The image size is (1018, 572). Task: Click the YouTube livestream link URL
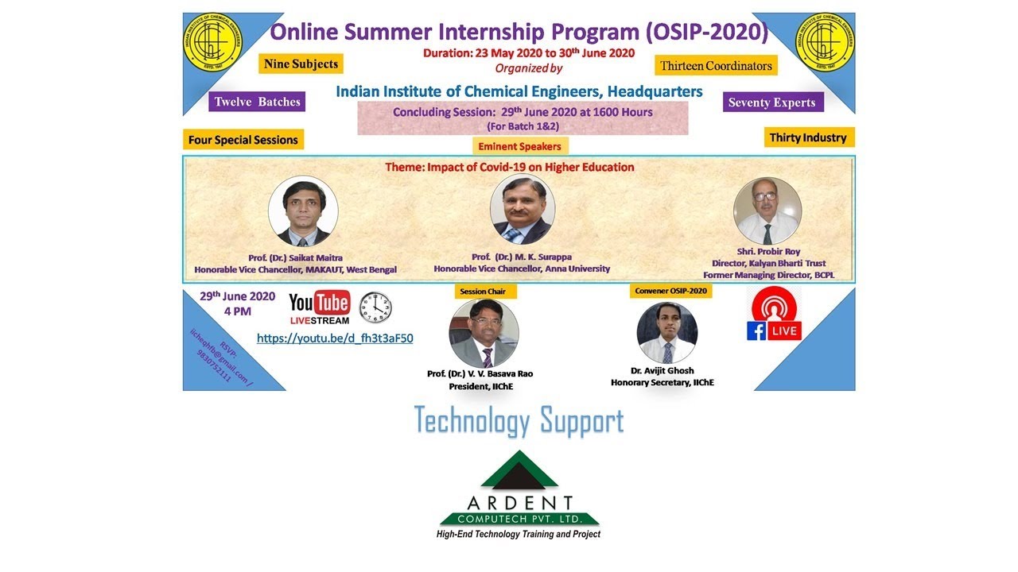[335, 338]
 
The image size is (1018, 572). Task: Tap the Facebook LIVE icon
[775, 315]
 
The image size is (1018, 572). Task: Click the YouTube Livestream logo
[319, 307]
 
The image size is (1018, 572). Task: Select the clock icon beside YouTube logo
[375, 307]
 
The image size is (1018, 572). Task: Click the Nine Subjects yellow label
[301, 64]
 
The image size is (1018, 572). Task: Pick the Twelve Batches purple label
[257, 102]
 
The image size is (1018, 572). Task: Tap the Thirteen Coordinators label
[716, 66]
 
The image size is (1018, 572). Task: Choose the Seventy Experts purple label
[771, 102]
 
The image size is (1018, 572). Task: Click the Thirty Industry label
[807, 137]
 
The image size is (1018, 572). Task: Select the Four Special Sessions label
[243, 140]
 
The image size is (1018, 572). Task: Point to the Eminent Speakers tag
[519, 146]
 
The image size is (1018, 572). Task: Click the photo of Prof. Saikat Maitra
[303, 211]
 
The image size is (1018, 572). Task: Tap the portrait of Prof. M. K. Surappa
[522, 209]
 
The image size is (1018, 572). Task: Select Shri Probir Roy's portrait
[767, 211]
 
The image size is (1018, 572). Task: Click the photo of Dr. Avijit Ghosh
[666, 333]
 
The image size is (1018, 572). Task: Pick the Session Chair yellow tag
[485, 292]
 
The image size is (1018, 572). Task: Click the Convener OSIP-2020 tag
[670, 291]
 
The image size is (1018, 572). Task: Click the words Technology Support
[519, 420]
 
